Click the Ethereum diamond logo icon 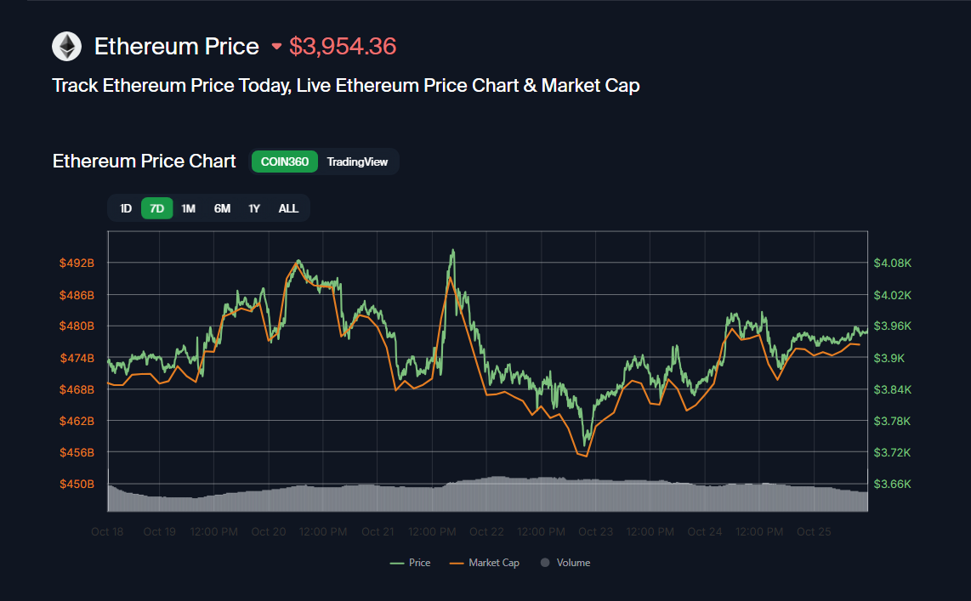pos(66,46)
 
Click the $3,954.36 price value pos(343,46)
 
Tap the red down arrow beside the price pos(276,47)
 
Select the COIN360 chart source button pos(284,162)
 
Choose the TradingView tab pos(357,162)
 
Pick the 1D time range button pos(126,208)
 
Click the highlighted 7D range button pos(156,208)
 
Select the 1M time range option pos(188,208)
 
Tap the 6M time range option pos(222,208)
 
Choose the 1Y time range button pos(253,208)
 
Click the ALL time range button pos(288,208)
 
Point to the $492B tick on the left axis pos(77,263)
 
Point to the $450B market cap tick pos(77,484)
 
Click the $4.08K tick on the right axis pos(892,263)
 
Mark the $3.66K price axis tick pos(892,484)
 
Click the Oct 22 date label pos(486,532)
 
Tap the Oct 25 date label pos(814,532)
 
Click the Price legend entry pos(411,563)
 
